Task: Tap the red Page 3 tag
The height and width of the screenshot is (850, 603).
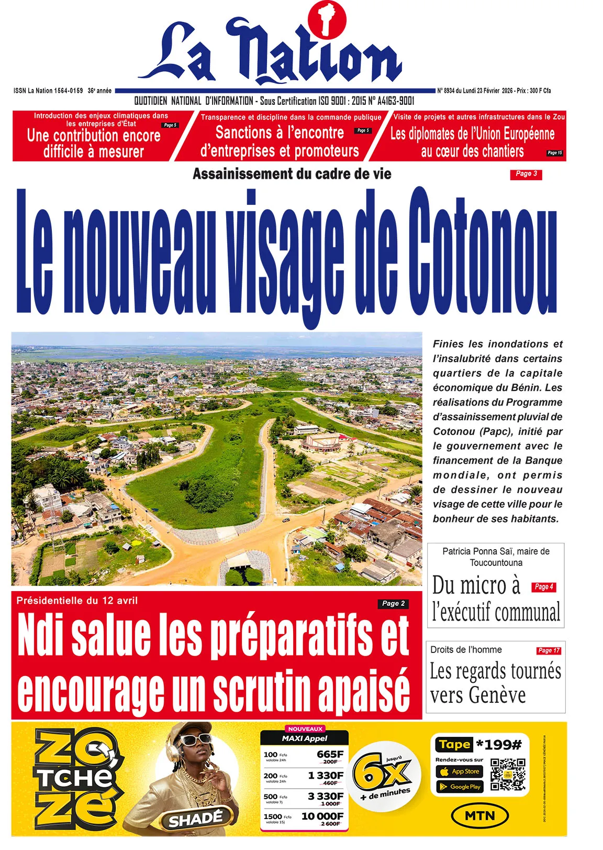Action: click(526, 174)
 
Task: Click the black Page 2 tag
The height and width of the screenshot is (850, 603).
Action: click(393, 603)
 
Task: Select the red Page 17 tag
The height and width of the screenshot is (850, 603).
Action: click(549, 650)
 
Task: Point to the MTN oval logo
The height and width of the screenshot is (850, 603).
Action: click(479, 815)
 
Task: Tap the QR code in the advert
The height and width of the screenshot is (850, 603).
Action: click(508, 774)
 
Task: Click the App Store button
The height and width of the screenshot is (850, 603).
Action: click(460, 771)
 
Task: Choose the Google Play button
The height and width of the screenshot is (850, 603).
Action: click(460, 787)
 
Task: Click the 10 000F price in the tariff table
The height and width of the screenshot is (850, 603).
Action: click(322, 816)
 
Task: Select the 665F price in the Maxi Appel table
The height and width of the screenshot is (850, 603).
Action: click(330, 754)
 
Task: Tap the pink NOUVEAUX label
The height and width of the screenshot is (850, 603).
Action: click(306, 729)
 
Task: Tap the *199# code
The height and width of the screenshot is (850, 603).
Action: click(499, 745)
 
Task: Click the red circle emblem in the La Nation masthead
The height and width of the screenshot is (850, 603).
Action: click(327, 20)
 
